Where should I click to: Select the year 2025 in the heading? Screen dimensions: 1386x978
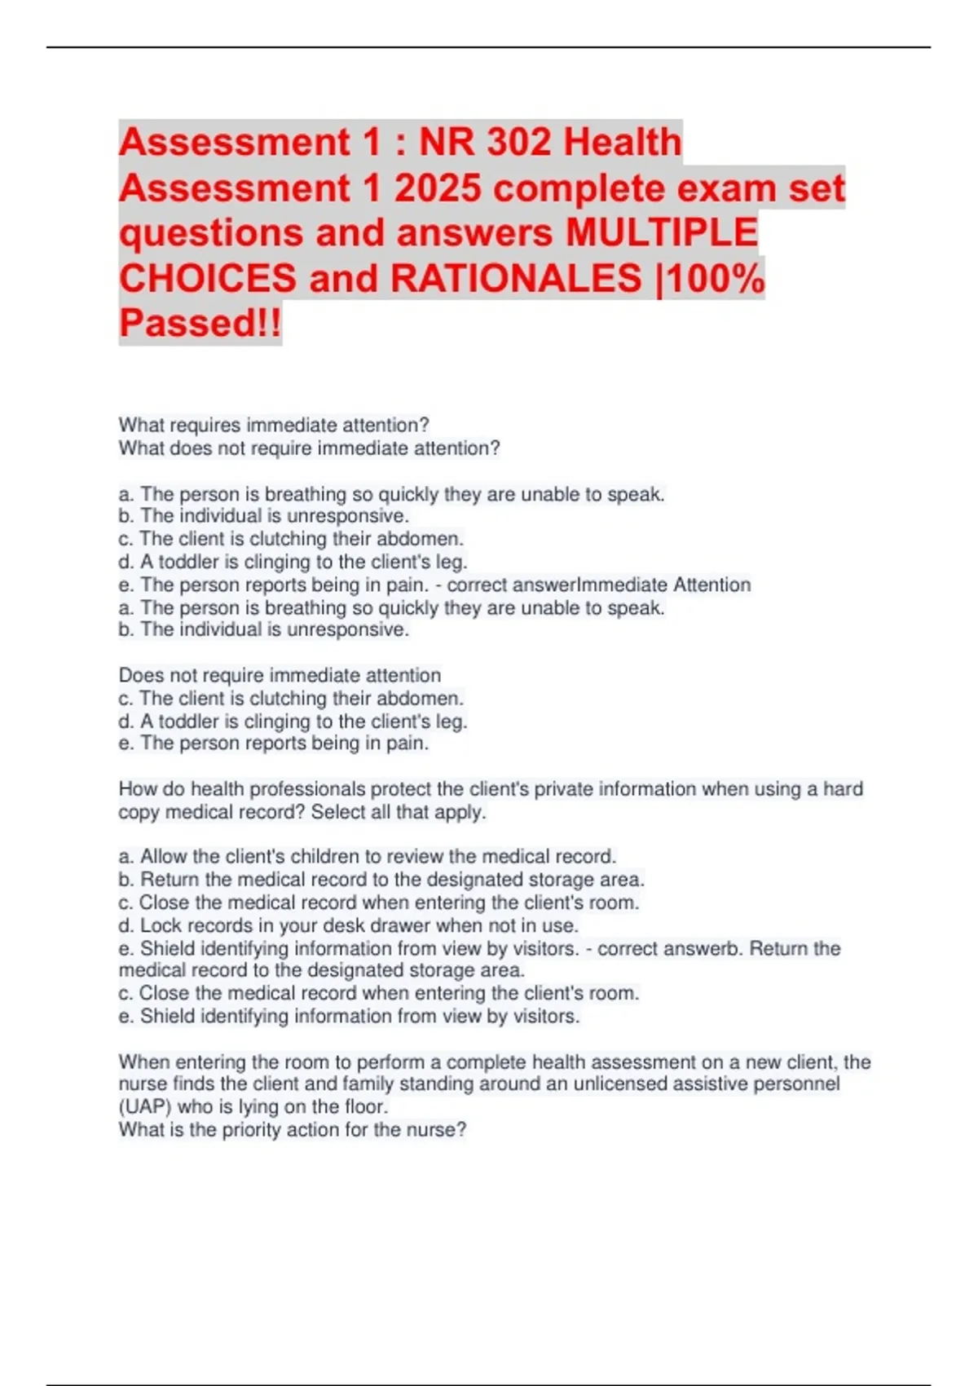(438, 188)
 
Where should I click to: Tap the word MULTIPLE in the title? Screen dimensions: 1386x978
(662, 233)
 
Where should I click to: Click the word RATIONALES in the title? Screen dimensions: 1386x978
(516, 278)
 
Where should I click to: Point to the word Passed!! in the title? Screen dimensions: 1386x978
(200, 322)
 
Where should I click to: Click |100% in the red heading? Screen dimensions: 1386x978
(710, 278)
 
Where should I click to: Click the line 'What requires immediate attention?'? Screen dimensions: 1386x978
(274, 425)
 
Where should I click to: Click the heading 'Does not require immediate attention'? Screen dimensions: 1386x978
(280, 675)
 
